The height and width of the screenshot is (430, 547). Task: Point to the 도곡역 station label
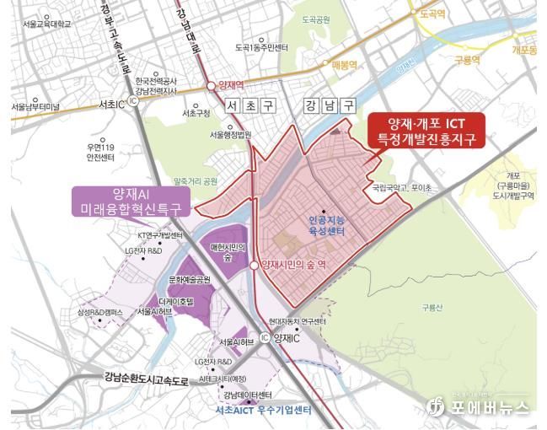pyautogui.click(x=431, y=13)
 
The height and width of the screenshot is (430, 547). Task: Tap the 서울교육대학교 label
pyautogui.click(x=47, y=23)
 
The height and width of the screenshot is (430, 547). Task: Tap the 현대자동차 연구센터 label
pyautogui.click(x=299, y=320)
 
